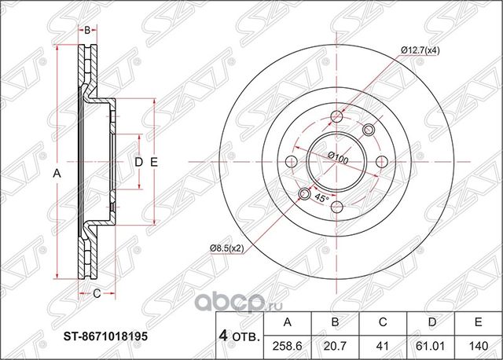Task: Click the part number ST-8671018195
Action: click(x=105, y=334)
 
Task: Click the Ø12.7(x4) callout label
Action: click(x=422, y=51)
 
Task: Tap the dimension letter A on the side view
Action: click(x=57, y=174)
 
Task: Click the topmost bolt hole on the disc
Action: click(x=338, y=117)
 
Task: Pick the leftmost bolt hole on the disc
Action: click(x=293, y=162)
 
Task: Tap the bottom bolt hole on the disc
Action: click(x=338, y=207)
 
